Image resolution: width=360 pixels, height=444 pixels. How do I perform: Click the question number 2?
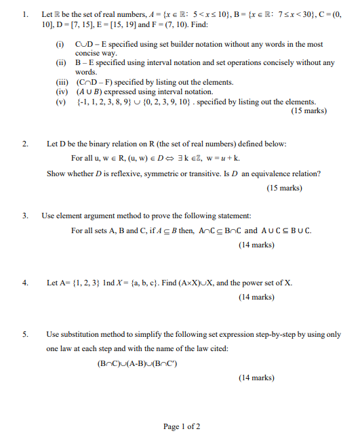[24, 144]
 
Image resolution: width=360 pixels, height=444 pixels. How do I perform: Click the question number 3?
[24, 216]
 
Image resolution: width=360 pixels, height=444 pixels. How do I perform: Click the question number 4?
[24, 283]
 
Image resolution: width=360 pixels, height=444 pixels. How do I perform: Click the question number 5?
[24, 334]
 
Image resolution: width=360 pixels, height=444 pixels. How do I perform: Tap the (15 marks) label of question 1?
[308, 111]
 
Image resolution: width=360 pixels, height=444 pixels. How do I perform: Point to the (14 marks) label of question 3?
[256, 245]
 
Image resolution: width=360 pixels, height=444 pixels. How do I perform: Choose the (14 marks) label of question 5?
[256, 378]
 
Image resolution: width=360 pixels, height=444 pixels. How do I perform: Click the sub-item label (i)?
[60, 44]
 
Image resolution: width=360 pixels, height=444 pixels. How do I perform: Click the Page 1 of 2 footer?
[181, 426]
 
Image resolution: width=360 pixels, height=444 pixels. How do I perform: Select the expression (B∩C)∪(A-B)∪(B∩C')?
[138, 362]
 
